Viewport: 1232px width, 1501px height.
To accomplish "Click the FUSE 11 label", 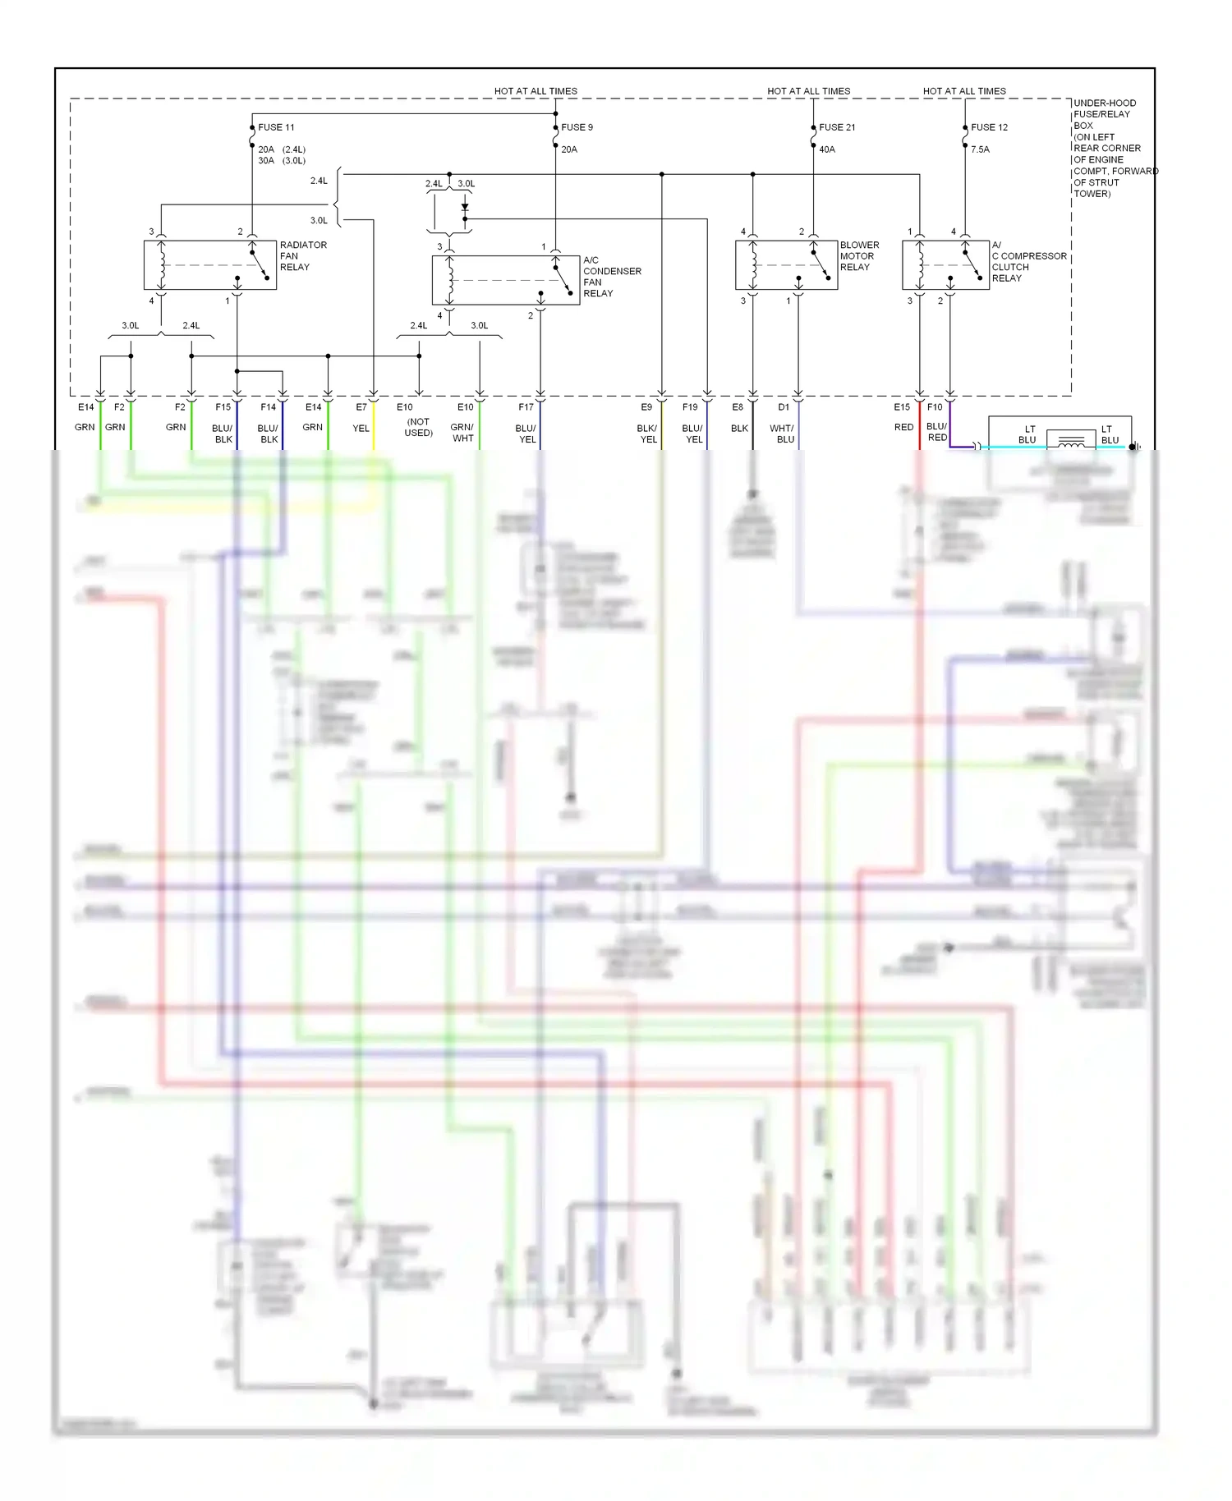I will coord(276,127).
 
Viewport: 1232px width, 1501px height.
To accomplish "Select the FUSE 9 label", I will coord(577,127).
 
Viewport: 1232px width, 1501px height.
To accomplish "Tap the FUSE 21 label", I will coord(837,127).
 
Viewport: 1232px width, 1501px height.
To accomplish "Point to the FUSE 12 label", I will coord(989,127).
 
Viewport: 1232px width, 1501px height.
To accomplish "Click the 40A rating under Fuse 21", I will coord(826,149).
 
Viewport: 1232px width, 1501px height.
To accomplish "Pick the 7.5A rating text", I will coord(980,149).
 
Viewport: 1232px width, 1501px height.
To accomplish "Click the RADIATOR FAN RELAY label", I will coord(302,256).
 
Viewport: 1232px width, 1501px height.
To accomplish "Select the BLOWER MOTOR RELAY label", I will coord(858,256).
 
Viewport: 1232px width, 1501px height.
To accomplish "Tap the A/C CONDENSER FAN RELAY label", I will coord(611,277).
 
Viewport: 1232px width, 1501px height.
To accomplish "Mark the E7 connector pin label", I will coord(361,407).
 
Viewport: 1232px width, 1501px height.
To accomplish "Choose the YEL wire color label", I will coord(361,429).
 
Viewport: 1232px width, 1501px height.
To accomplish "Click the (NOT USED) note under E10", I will coord(418,427).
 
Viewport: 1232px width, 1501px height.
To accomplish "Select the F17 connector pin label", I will coord(526,407).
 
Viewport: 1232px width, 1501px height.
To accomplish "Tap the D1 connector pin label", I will coord(784,407).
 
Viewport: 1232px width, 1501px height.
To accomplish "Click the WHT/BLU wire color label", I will coord(782,434).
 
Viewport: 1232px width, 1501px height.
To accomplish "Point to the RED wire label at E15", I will coord(903,428).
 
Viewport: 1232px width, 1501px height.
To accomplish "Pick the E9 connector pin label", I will coord(646,407).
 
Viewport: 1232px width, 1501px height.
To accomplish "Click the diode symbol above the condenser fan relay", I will coord(465,209).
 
